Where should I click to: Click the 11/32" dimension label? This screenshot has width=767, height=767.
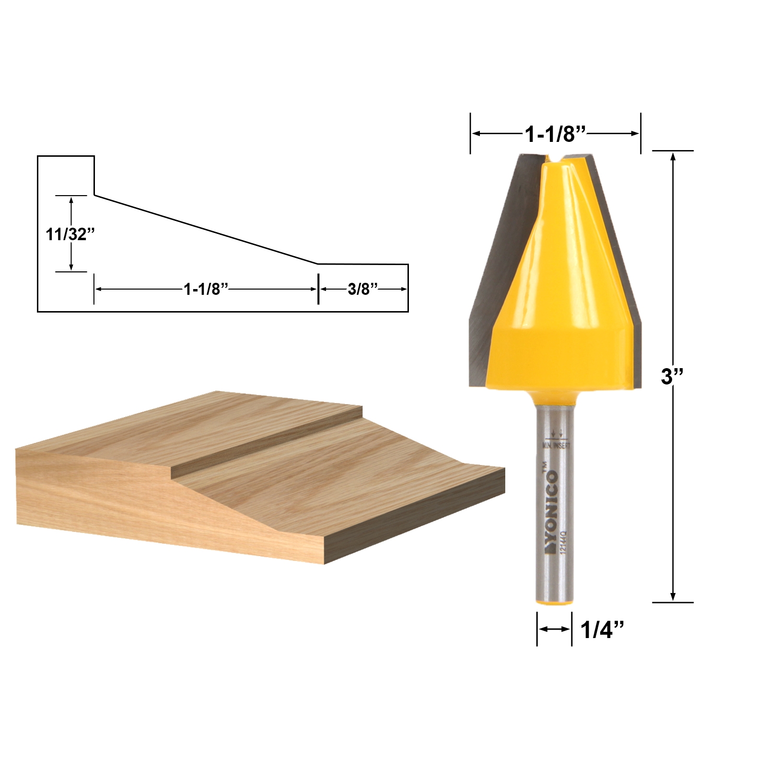pos(70,234)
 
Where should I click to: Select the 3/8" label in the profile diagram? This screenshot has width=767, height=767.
pos(362,289)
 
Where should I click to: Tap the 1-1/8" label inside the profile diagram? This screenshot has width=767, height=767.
pos(206,289)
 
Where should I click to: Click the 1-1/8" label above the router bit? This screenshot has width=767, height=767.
pos(556,134)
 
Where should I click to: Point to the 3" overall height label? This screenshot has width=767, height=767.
pos(672,376)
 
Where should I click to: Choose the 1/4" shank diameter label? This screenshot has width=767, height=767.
pos(602,629)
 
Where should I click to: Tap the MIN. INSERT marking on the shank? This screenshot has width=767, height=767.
pos(556,445)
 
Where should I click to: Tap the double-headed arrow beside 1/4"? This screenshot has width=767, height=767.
pos(554,629)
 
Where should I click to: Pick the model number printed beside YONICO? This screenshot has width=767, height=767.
pos(564,542)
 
